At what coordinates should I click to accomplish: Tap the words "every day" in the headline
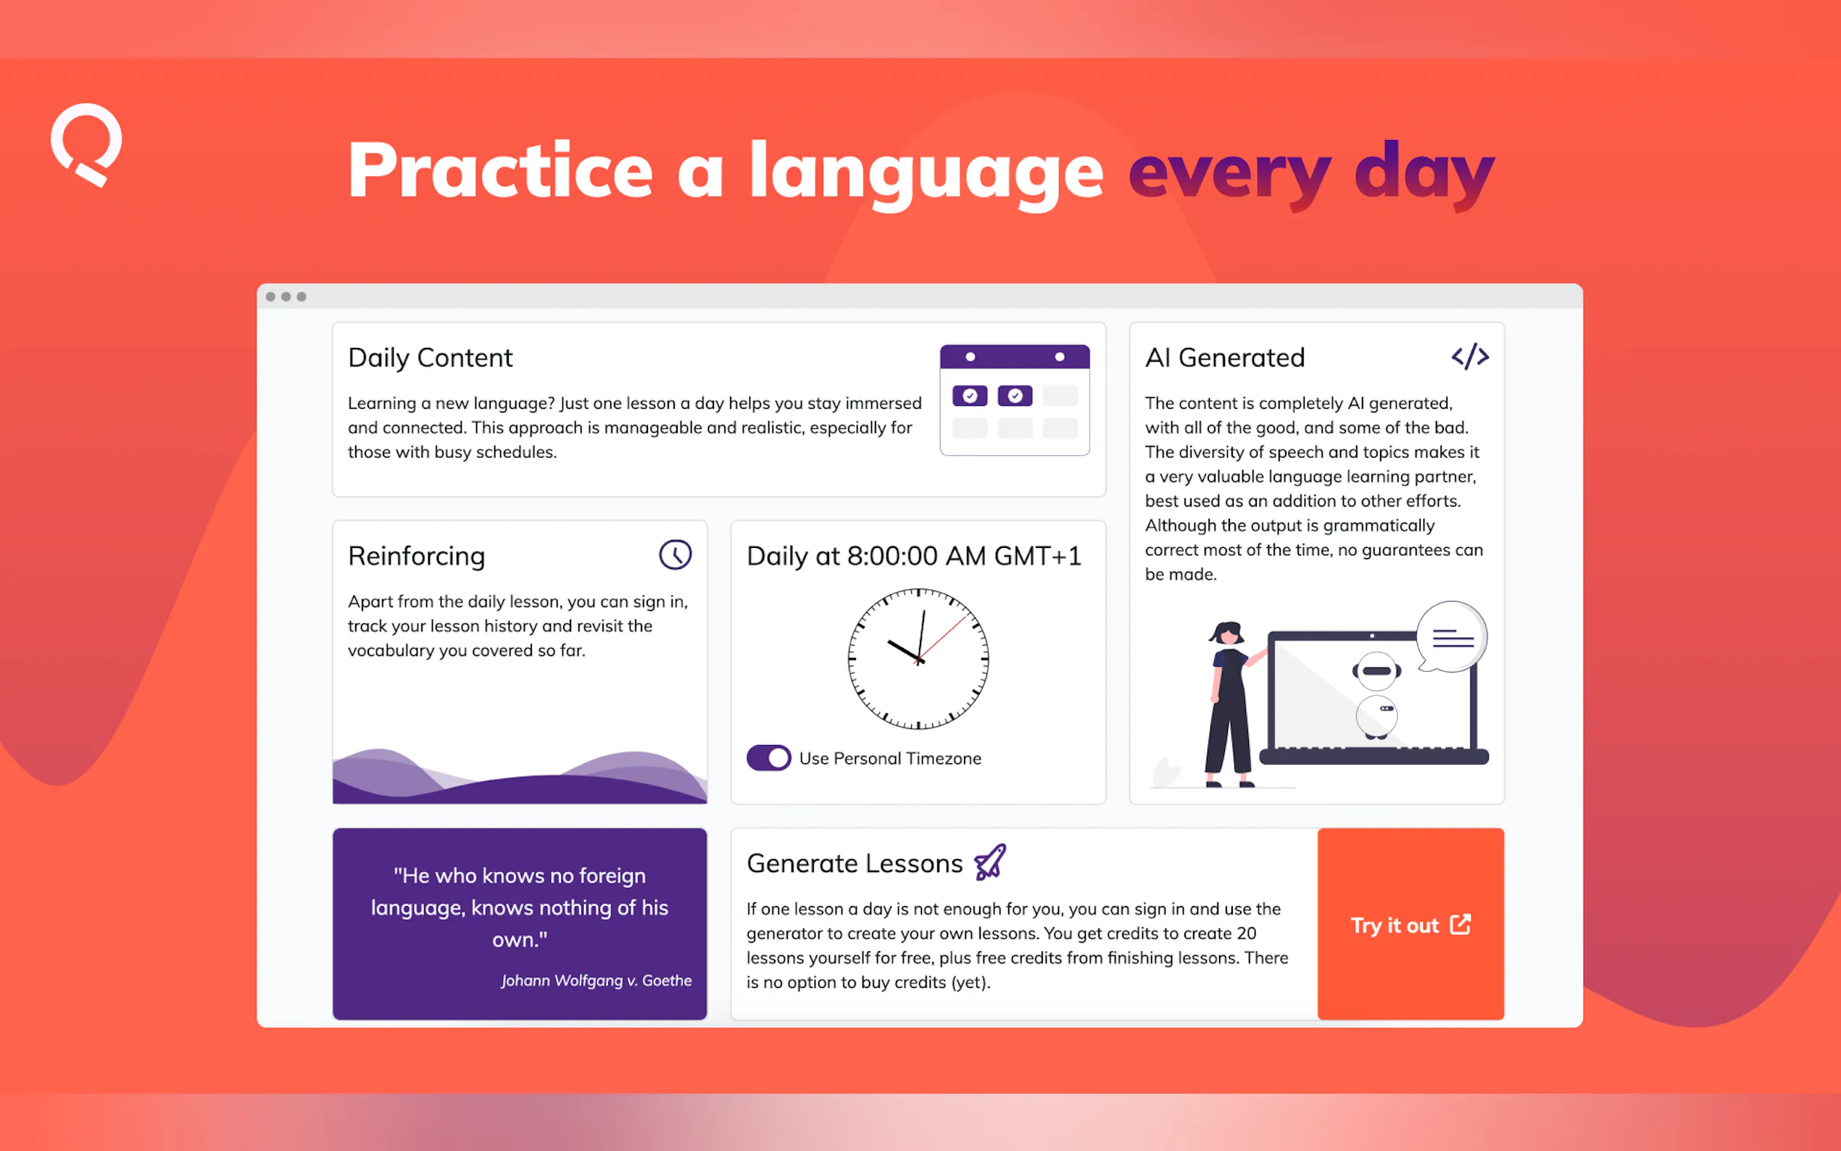(x=1311, y=173)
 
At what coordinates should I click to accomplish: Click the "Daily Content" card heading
(x=430, y=358)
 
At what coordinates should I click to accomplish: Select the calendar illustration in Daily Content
(x=1015, y=400)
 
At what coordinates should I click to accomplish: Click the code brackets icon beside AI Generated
(x=1470, y=357)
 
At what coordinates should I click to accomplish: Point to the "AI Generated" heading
(x=1224, y=358)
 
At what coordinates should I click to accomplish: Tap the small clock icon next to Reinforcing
(x=675, y=555)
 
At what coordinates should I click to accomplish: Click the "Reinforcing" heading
(x=416, y=557)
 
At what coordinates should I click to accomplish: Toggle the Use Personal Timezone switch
(x=769, y=758)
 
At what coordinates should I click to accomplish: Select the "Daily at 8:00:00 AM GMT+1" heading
(x=914, y=557)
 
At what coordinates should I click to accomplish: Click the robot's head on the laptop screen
(x=1376, y=671)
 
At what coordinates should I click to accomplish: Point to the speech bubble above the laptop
(x=1452, y=637)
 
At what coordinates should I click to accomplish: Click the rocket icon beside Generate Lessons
(x=990, y=863)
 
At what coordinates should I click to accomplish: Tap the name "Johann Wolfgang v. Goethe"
(x=596, y=981)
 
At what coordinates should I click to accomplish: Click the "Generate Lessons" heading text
(x=855, y=864)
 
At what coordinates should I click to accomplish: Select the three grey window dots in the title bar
(x=286, y=297)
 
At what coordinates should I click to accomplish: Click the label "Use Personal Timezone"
(x=889, y=759)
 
